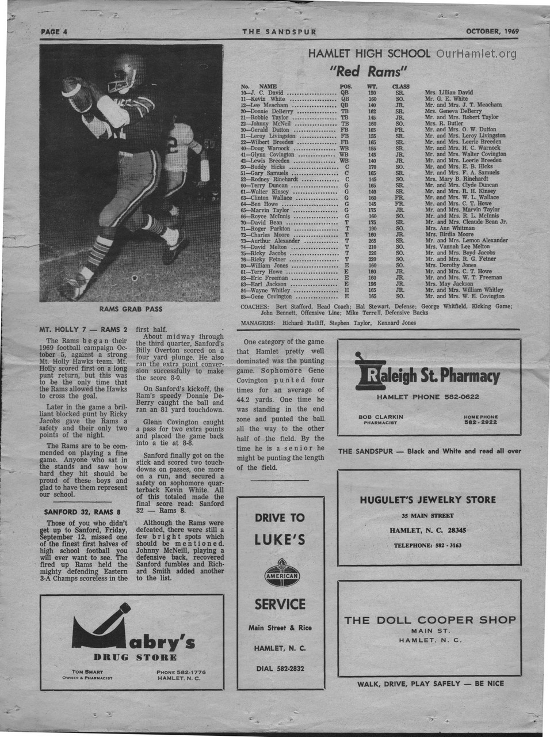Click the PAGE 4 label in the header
(x=54, y=32)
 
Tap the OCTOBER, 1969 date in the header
(x=492, y=31)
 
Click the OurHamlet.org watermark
(x=476, y=54)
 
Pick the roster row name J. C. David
(x=268, y=92)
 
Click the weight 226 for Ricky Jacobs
(x=372, y=253)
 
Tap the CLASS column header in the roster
(x=400, y=86)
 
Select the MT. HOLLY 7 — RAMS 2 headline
(x=83, y=330)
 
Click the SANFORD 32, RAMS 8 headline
(x=82, y=511)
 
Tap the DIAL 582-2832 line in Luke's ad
(x=280, y=668)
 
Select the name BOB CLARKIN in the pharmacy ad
(x=380, y=417)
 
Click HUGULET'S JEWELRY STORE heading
(x=427, y=500)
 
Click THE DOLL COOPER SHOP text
(x=430, y=620)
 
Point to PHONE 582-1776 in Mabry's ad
(x=181, y=672)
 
